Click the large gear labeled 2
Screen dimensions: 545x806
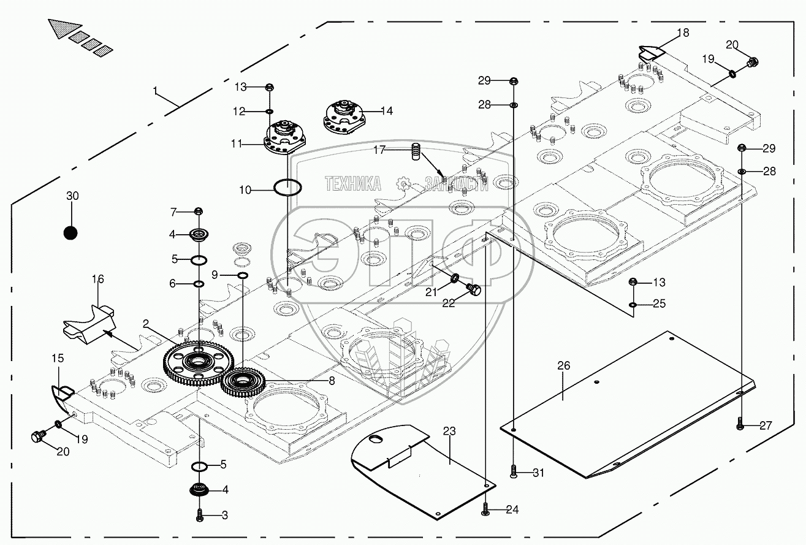tap(196, 364)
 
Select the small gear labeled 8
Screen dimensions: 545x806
tap(243, 383)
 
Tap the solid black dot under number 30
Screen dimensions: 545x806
tap(70, 233)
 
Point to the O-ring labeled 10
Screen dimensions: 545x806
tap(287, 188)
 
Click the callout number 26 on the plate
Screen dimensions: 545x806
tap(563, 365)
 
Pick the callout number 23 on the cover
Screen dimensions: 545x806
tap(449, 432)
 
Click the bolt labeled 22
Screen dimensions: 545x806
tap(474, 289)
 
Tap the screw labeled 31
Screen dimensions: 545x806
tap(514, 471)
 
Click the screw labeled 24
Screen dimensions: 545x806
tap(485, 509)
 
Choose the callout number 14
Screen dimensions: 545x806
tap(386, 111)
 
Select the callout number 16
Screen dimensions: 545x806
tap(98, 280)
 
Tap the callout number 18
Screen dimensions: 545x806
tap(683, 32)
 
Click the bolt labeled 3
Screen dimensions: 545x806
tap(199, 516)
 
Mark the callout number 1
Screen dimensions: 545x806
tap(156, 91)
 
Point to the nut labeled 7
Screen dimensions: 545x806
tap(198, 212)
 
